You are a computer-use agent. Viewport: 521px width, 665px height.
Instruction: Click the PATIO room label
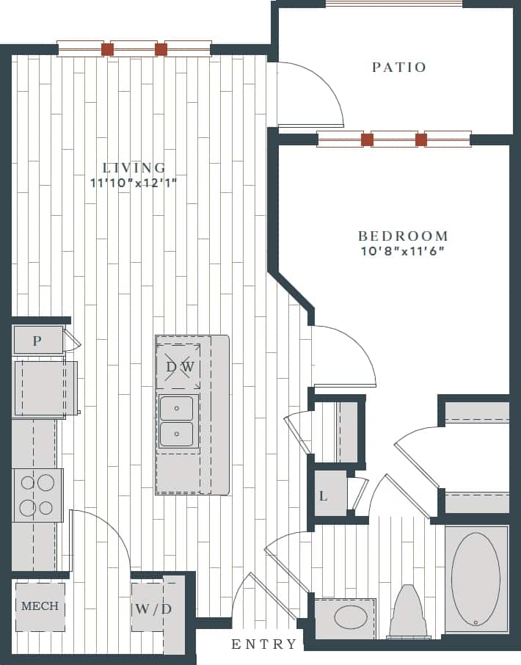click(398, 68)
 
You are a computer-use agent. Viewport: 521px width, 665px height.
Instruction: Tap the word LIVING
click(134, 168)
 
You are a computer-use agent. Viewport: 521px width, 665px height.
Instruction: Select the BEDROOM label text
click(403, 236)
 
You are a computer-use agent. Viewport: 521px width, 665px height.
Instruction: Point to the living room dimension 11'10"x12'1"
click(134, 182)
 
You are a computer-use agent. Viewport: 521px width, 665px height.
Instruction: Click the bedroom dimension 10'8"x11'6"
click(403, 251)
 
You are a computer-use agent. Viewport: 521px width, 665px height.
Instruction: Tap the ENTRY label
click(264, 644)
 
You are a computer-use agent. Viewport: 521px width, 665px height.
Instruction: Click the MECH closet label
click(40, 606)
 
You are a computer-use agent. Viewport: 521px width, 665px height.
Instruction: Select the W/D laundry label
click(153, 608)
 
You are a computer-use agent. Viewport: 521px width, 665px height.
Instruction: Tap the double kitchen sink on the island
click(177, 421)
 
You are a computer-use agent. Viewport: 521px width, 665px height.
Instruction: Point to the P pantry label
click(37, 341)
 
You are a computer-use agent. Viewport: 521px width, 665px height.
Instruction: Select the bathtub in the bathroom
click(476, 579)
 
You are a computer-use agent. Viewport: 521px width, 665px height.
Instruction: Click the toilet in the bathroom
click(409, 611)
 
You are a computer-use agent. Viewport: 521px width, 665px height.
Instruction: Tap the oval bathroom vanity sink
click(351, 617)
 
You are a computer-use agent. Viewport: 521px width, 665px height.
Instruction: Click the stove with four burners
click(37, 495)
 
